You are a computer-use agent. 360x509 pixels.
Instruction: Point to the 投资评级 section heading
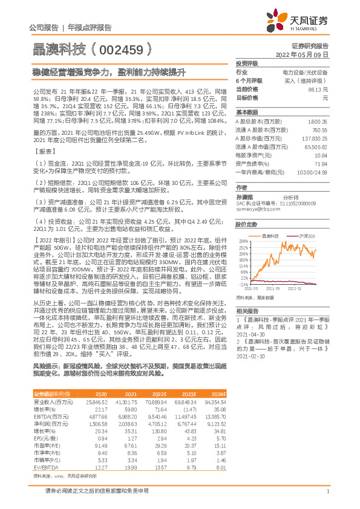(247, 63)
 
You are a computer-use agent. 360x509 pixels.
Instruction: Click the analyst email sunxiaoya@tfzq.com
(254, 209)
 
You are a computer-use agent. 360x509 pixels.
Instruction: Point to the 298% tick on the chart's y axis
(243, 241)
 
